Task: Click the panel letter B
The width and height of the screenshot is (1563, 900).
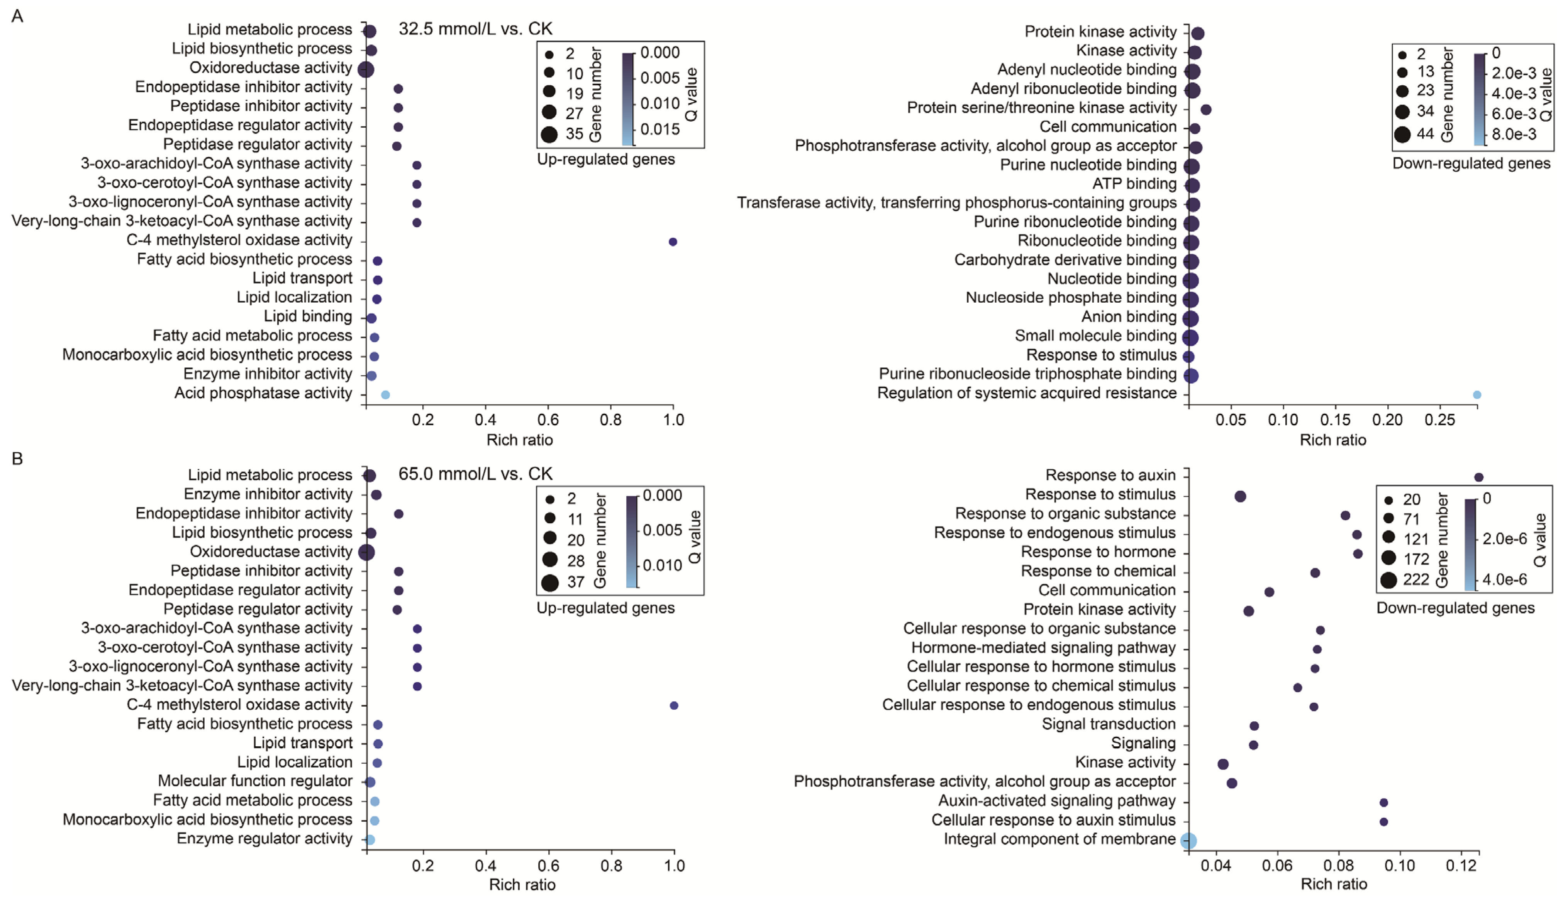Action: (x=17, y=458)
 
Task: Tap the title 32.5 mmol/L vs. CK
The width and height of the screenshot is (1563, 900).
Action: (x=475, y=29)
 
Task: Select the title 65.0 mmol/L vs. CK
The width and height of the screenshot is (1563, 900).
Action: (x=475, y=474)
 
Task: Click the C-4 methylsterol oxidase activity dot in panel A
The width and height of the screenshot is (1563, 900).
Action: (x=673, y=242)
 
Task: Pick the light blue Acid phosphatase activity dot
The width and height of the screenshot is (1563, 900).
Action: (x=385, y=394)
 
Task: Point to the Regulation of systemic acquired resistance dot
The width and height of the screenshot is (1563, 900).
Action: (x=1477, y=394)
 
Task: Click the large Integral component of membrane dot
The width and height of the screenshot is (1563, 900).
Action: (x=1188, y=841)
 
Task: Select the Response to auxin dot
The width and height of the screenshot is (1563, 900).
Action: (x=1479, y=477)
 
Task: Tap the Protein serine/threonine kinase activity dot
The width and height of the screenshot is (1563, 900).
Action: (x=1205, y=109)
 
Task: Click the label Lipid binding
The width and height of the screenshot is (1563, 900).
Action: (x=308, y=316)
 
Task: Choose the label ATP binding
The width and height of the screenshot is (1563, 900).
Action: (x=1134, y=184)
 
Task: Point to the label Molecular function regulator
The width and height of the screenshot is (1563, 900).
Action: (x=255, y=781)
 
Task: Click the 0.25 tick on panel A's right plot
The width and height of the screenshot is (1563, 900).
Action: (x=1439, y=420)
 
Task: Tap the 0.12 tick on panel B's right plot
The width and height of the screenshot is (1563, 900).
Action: (x=1461, y=865)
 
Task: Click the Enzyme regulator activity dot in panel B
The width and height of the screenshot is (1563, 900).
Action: (x=370, y=839)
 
